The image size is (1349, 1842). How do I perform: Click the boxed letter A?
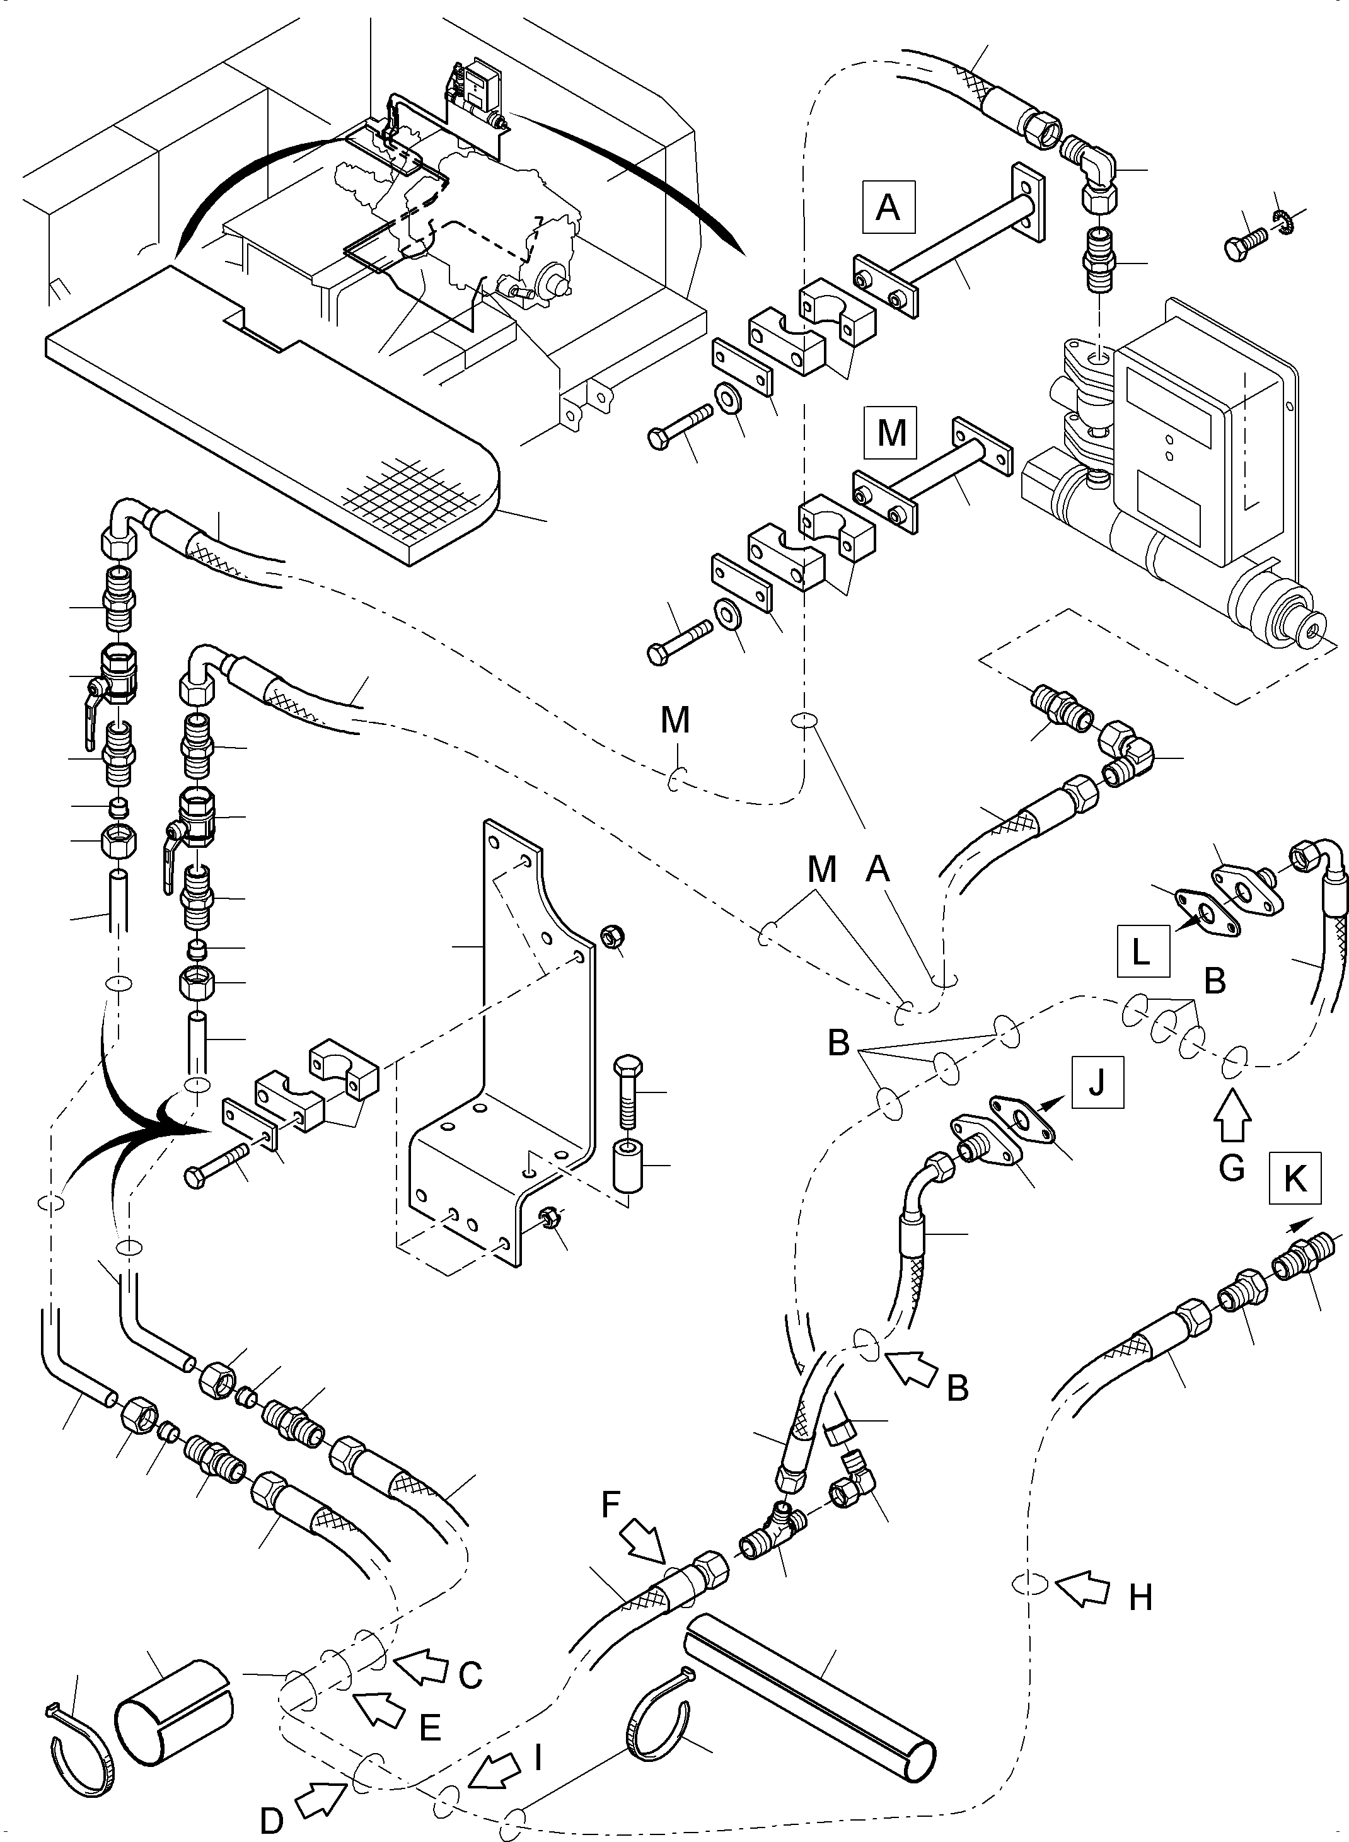pyautogui.click(x=888, y=208)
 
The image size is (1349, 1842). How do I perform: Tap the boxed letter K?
pyautogui.click(x=1294, y=1179)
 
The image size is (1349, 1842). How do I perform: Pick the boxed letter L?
pyautogui.click(x=1142, y=951)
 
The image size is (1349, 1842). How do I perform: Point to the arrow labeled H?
pyautogui.click(x=1081, y=1591)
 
